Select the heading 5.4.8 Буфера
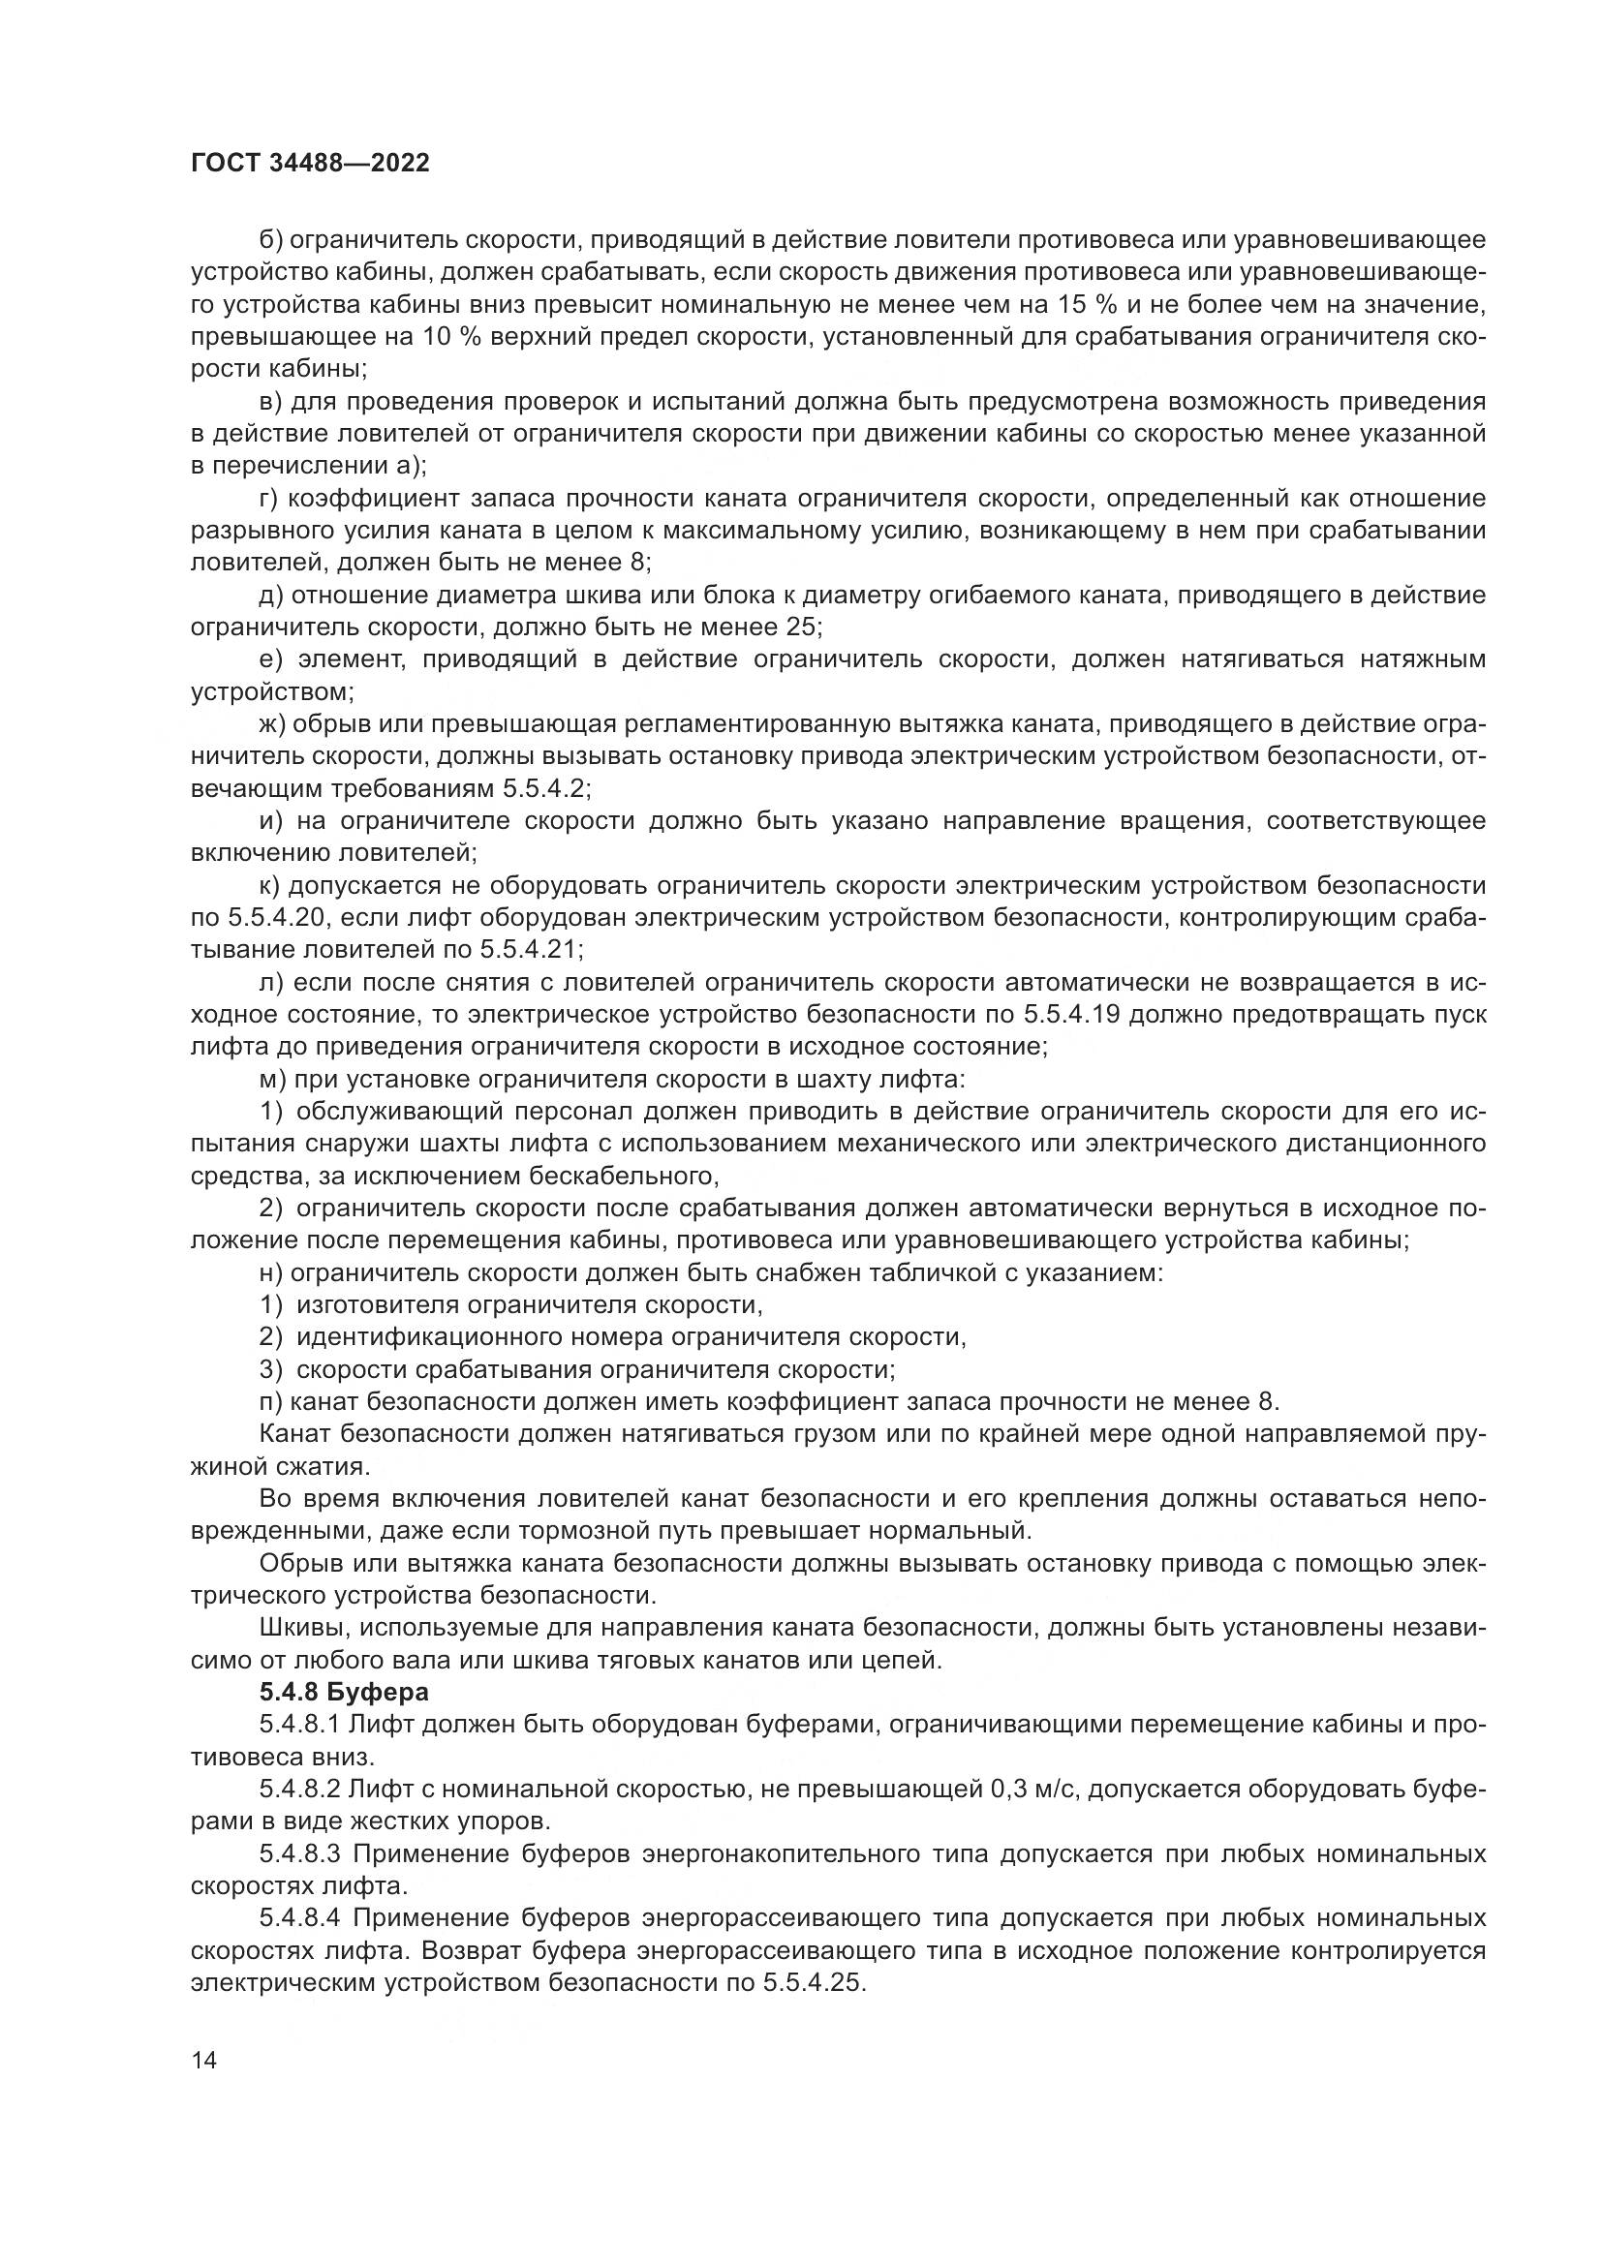pos(344,1692)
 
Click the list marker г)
pos(270,498)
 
